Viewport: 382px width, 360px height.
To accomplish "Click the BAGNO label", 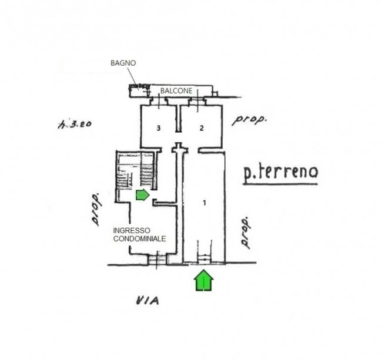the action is coord(123,63).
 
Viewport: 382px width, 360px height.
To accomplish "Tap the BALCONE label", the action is coord(176,91).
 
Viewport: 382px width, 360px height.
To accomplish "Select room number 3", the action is coord(159,128).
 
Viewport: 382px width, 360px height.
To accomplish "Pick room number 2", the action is coord(202,128).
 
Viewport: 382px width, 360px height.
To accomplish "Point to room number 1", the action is coord(205,203).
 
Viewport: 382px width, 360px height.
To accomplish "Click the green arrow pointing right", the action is coord(143,195).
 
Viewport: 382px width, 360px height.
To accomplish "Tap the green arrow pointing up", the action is coord(204,280).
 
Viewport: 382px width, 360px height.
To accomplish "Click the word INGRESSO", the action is coord(132,231).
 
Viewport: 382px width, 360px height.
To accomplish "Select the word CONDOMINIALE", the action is coord(140,239).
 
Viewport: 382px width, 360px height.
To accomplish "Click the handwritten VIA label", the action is coord(148,300).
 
